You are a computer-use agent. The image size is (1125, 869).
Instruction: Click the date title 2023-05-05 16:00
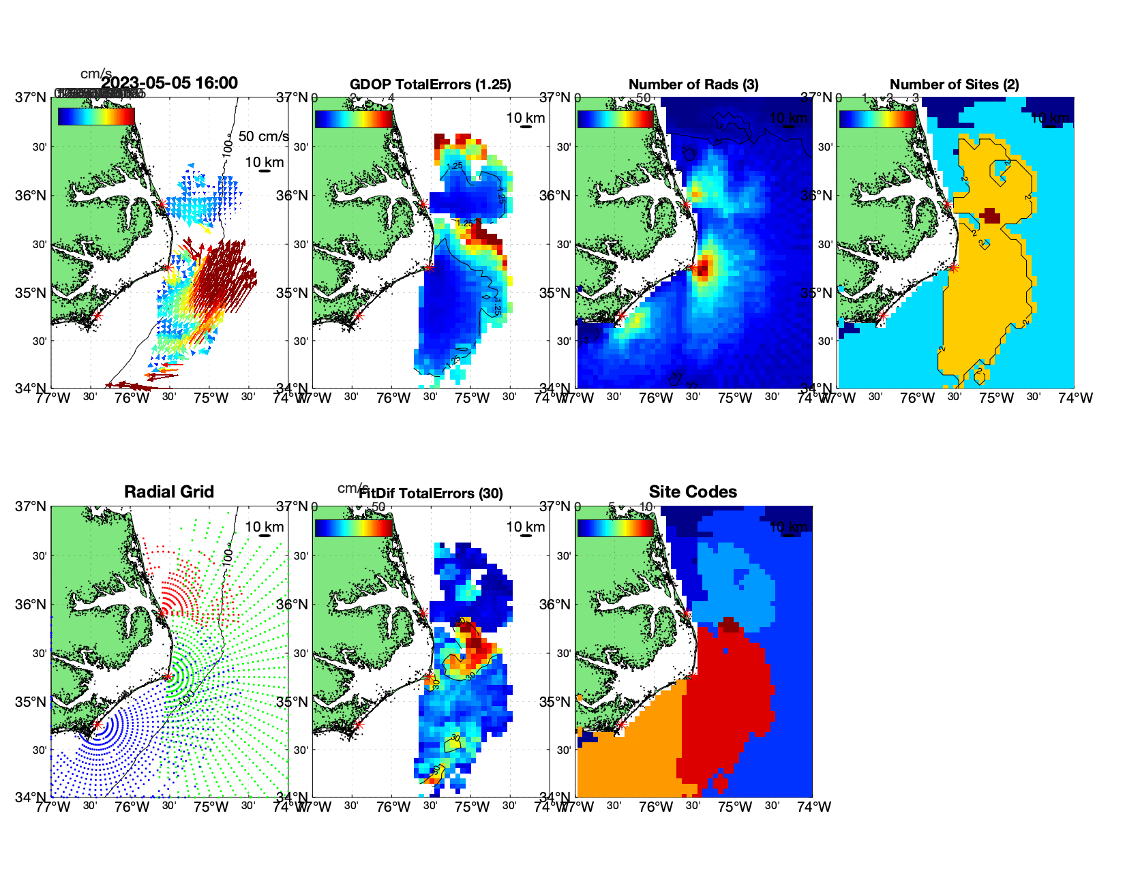point(169,83)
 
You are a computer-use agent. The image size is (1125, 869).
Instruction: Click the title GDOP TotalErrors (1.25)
point(430,85)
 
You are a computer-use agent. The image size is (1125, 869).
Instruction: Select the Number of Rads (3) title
point(693,85)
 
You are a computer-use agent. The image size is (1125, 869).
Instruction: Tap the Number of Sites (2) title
point(954,85)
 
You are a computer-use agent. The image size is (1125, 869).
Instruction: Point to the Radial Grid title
point(169,492)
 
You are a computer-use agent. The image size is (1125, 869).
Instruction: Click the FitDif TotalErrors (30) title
point(431,493)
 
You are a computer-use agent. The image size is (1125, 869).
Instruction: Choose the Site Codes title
point(693,492)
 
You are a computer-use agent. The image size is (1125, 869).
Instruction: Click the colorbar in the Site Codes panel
point(616,528)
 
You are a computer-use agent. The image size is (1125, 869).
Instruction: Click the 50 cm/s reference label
point(263,136)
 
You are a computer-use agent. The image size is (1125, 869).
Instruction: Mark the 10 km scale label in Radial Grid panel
point(265,527)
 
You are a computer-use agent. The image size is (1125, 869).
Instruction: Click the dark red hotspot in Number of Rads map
point(703,268)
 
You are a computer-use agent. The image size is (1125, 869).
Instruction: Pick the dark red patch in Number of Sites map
point(990,217)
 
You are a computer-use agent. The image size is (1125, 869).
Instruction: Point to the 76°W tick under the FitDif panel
point(393,808)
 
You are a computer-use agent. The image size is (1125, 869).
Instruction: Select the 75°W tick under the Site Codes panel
point(735,808)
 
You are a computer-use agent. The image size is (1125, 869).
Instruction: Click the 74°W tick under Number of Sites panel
point(1075,398)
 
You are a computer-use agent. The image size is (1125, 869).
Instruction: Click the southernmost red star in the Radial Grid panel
point(97,725)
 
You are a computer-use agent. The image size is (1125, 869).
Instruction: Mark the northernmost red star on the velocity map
point(162,204)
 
